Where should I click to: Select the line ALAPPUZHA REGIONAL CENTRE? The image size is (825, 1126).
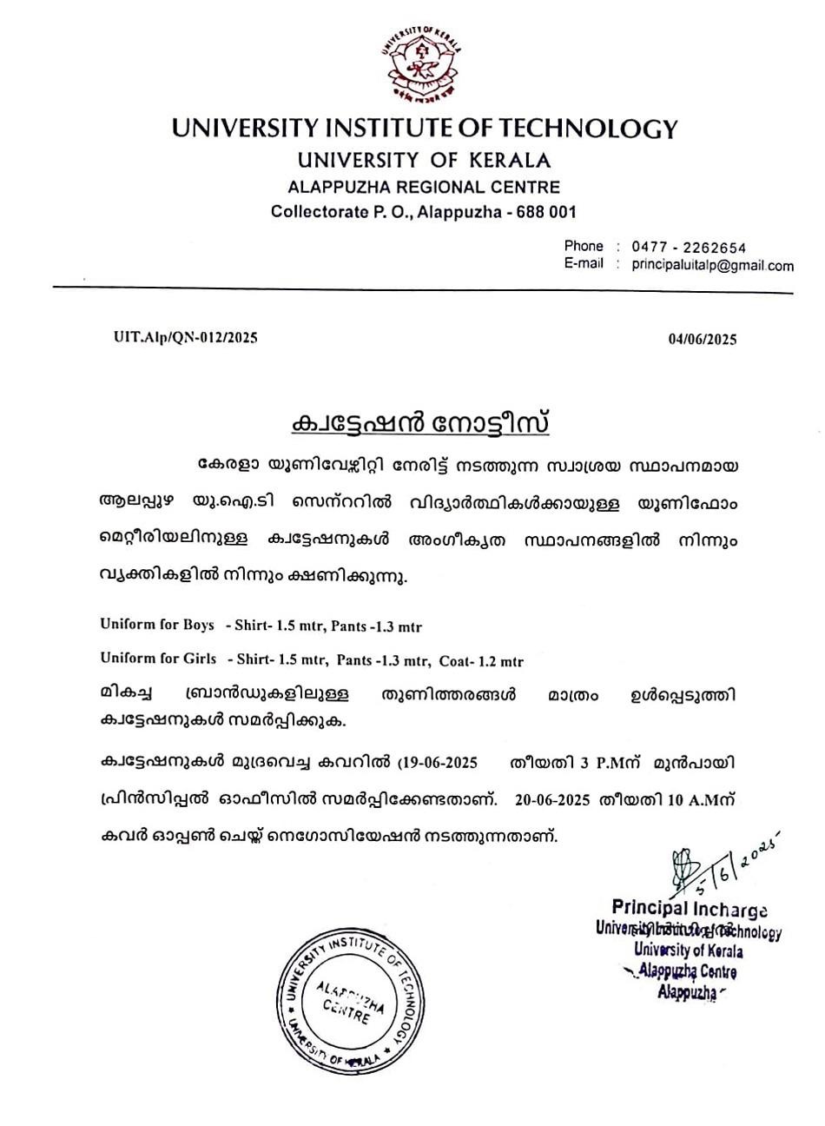(424, 187)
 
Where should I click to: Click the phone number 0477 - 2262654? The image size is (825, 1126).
(689, 248)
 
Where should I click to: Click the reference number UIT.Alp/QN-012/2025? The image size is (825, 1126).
(186, 338)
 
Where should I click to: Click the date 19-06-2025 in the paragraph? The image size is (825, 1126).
(440, 764)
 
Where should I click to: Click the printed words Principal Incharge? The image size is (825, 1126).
(689, 909)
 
